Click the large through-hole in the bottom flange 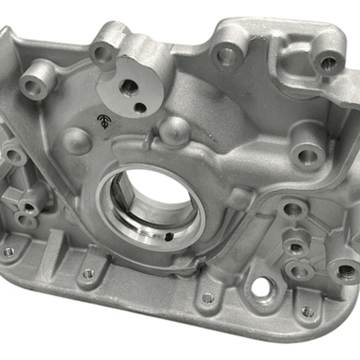[x=261, y=288]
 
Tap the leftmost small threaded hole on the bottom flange [x=9, y=252]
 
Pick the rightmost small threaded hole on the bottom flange [x=307, y=312]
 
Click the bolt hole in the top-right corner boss [x=328, y=63]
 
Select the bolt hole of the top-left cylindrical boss [x=34, y=88]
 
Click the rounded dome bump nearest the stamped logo [x=78, y=140]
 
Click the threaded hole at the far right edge [x=346, y=271]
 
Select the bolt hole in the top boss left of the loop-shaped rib [x=227, y=57]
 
